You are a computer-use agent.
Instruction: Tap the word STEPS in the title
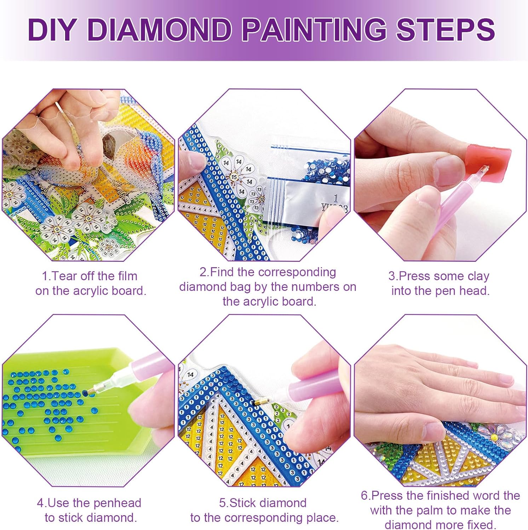445,29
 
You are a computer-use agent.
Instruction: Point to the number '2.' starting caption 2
204,272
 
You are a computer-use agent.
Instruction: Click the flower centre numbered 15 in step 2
234,177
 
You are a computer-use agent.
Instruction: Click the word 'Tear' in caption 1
65,276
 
